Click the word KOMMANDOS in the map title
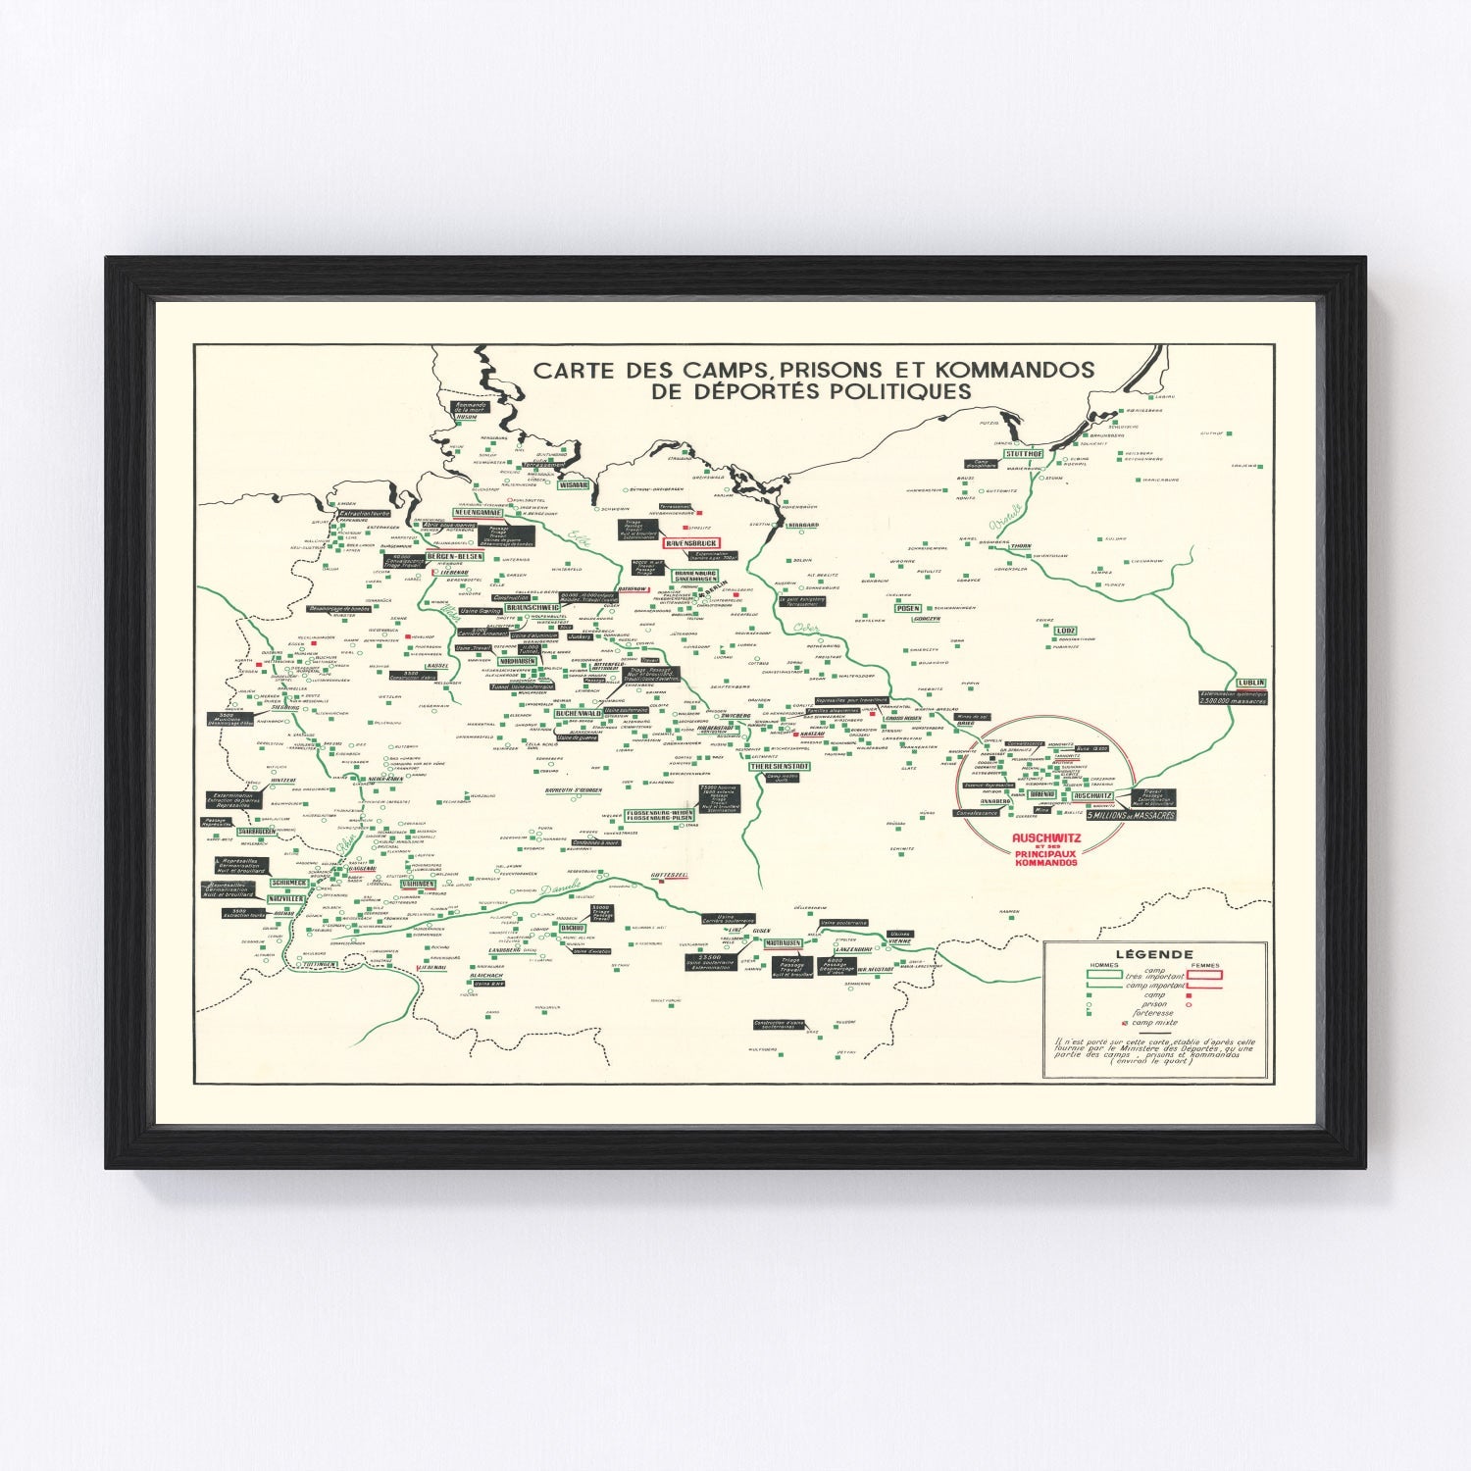tap(1015, 370)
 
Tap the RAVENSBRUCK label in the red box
tap(692, 542)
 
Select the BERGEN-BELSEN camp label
tap(455, 556)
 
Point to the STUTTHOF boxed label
tap(1024, 453)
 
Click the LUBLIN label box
tap(1251, 683)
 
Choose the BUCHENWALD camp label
tap(579, 714)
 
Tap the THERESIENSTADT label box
tap(781, 766)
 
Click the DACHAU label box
tap(573, 927)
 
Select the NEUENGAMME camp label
tap(479, 512)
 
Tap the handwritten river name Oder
tap(807, 628)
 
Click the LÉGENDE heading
tap(1154, 953)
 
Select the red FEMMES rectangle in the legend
tap(1204, 975)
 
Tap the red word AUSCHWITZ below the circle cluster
tap(1046, 838)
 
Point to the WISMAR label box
tap(573, 484)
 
